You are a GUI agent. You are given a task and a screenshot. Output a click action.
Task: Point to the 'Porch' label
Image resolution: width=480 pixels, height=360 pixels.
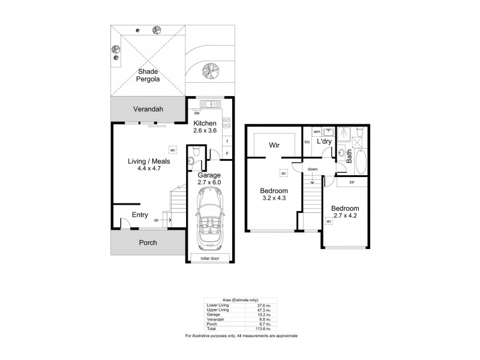(x=148, y=242)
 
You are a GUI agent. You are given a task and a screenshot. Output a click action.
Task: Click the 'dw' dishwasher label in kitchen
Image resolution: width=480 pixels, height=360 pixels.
(x=197, y=112)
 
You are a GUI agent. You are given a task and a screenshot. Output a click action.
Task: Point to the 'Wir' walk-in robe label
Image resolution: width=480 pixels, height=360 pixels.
(x=275, y=145)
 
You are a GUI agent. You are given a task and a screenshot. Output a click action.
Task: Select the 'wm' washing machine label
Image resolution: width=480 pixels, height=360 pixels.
(x=317, y=131)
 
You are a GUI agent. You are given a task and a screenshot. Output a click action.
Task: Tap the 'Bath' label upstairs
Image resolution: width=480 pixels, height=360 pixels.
(x=349, y=156)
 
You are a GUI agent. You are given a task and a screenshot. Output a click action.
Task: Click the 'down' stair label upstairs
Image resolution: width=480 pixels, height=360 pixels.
(x=313, y=169)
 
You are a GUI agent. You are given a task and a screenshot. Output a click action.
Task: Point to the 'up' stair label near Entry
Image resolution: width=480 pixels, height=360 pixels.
(x=157, y=220)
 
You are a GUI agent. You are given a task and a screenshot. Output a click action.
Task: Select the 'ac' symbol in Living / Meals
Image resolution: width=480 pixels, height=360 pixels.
(x=172, y=149)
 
